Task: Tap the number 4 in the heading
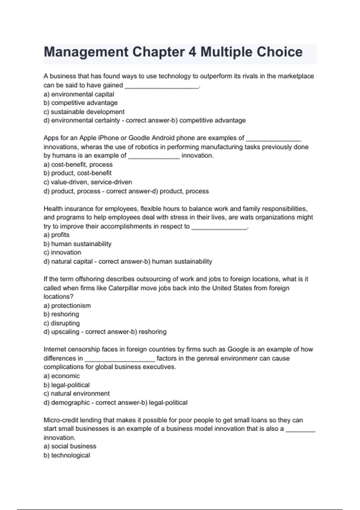point(192,52)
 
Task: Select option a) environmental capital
point(79,94)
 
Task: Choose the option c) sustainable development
point(84,112)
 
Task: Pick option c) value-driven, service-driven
point(88,182)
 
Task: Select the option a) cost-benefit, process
point(78,164)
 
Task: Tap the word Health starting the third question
point(53,209)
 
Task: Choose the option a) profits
point(56,235)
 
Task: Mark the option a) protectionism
point(67,306)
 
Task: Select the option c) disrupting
point(61,323)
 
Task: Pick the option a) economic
point(61,376)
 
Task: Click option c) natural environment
point(76,394)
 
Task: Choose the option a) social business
point(70,446)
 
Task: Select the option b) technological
point(67,455)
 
